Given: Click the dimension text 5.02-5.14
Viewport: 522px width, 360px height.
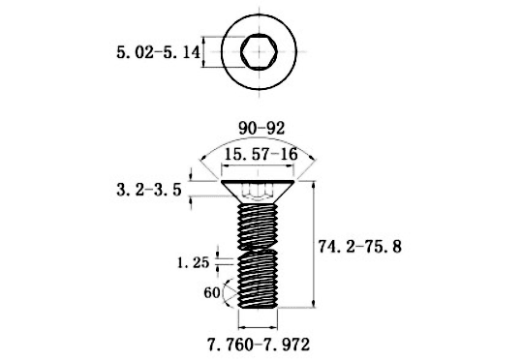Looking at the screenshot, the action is click(159, 52).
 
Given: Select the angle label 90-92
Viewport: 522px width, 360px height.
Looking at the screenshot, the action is click(261, 129).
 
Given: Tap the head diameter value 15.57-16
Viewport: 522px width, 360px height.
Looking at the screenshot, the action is click(261, 154).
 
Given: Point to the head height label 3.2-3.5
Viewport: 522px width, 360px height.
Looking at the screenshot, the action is click(149, 190).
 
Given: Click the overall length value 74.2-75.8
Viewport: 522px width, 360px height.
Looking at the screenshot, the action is click(360, 247).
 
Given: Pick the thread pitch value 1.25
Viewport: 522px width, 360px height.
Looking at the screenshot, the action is click(193, 263).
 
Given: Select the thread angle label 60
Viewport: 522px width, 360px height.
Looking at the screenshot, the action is click(212, 293).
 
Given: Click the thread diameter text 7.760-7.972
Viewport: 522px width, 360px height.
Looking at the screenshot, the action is click(259, 345).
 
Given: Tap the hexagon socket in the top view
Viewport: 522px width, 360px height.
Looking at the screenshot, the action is click(259, 51).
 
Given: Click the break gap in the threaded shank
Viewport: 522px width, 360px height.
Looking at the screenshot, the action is click(259, 250).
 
